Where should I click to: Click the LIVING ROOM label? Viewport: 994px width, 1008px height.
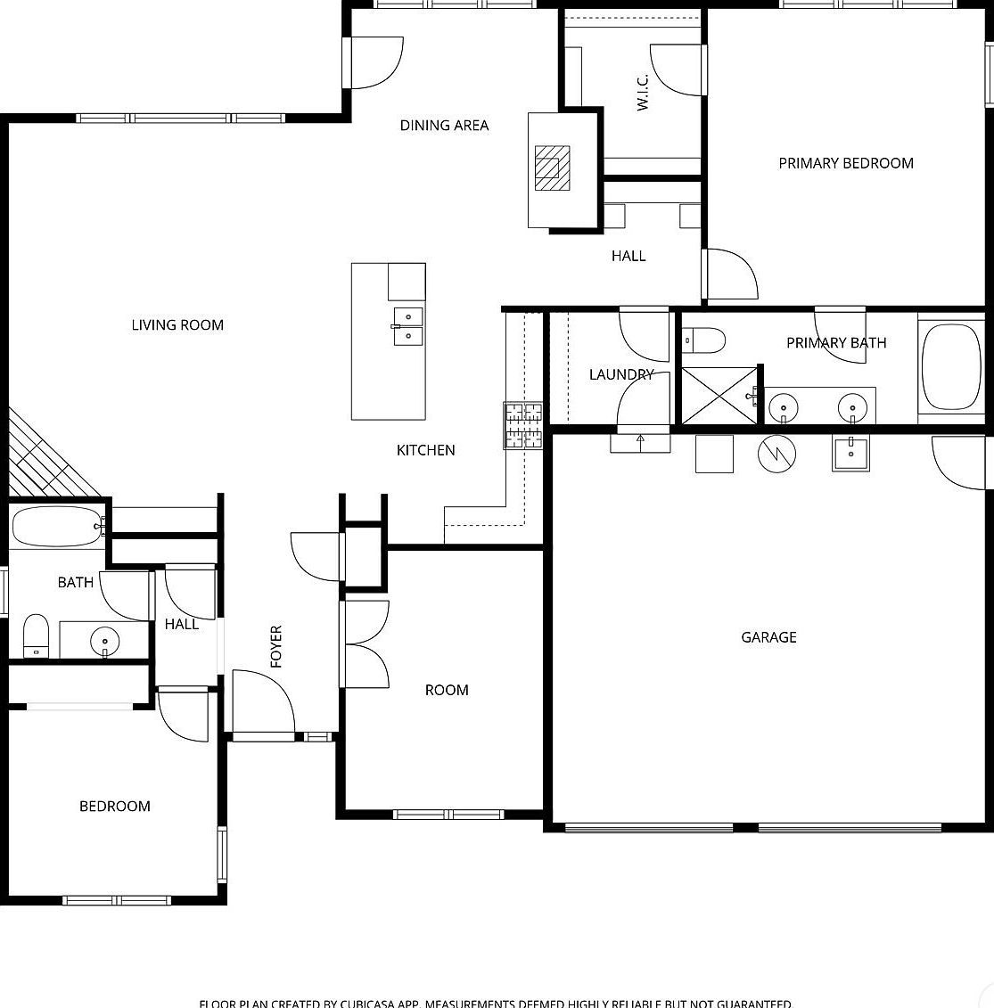(177, 325)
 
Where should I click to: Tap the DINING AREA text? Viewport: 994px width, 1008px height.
(444, 126)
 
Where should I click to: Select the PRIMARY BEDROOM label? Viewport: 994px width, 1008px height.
(845, 163)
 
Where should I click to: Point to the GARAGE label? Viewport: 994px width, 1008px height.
(768, 637)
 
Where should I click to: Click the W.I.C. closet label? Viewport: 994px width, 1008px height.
(642, 93)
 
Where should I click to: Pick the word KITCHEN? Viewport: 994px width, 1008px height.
(425, 451)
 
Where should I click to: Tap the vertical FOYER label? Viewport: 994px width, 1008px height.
(276, 646)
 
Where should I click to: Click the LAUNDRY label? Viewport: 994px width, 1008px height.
(621, 374)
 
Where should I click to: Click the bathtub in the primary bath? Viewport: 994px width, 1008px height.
(951, 366)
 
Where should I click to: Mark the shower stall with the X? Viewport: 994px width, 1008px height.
(719, 395)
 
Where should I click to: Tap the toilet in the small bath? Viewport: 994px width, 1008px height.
(36, 635)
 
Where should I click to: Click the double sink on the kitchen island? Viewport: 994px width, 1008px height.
(407, 325)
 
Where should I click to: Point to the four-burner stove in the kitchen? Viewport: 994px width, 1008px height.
(523, 425)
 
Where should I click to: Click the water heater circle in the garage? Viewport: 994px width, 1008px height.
(776, 454)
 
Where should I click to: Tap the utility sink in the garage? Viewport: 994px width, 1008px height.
(851, 453)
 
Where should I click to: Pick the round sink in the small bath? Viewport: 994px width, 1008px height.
(105, 640)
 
